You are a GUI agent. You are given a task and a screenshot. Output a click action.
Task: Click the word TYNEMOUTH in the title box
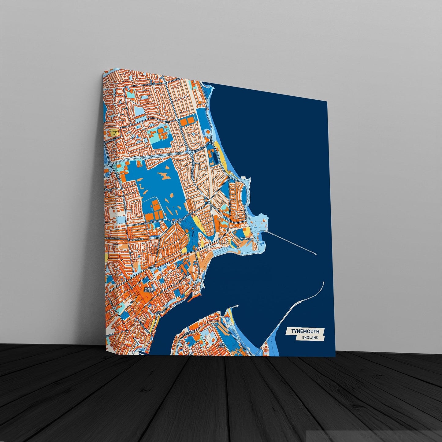[305, 331]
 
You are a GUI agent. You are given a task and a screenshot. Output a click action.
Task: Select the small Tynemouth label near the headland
[246, 238]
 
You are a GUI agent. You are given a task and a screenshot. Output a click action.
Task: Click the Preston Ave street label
[144, 224]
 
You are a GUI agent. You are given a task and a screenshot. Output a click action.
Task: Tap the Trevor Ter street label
[138, 240]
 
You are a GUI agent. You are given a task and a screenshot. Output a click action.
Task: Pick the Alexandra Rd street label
[112, 238]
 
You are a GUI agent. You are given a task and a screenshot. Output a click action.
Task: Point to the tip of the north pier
[316, 254]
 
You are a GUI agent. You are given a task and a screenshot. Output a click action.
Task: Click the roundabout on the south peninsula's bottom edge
[191, 354]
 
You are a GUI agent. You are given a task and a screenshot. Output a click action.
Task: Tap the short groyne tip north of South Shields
[237, 306]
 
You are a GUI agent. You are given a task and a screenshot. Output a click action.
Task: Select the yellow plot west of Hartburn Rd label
[113, 132]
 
